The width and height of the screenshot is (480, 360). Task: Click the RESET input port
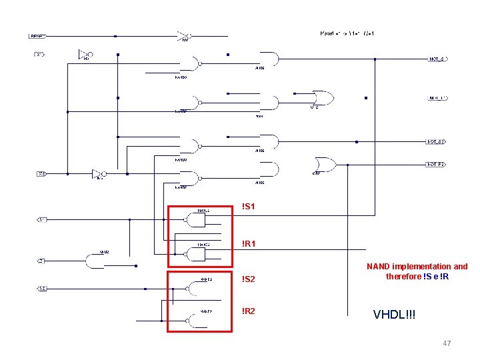pos(38,35)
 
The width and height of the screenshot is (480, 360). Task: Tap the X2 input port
pos(41,174)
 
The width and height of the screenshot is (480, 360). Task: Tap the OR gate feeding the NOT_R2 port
pos(326,164)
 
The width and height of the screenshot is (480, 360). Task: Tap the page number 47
pos(447,343)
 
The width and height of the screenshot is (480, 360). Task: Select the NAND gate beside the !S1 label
pos(198,219)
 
